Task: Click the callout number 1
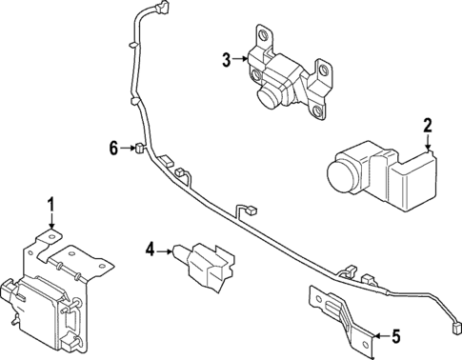coord(51,204)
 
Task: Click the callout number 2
coord(428,125)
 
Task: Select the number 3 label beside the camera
coord(226,60)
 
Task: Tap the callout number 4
coord(150,250)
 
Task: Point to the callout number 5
coord(397,335)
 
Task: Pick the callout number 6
coord(113,148)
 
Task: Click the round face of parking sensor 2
coord(338,177)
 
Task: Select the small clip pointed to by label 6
coord(137,148)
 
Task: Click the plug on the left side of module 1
coord(11,291)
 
